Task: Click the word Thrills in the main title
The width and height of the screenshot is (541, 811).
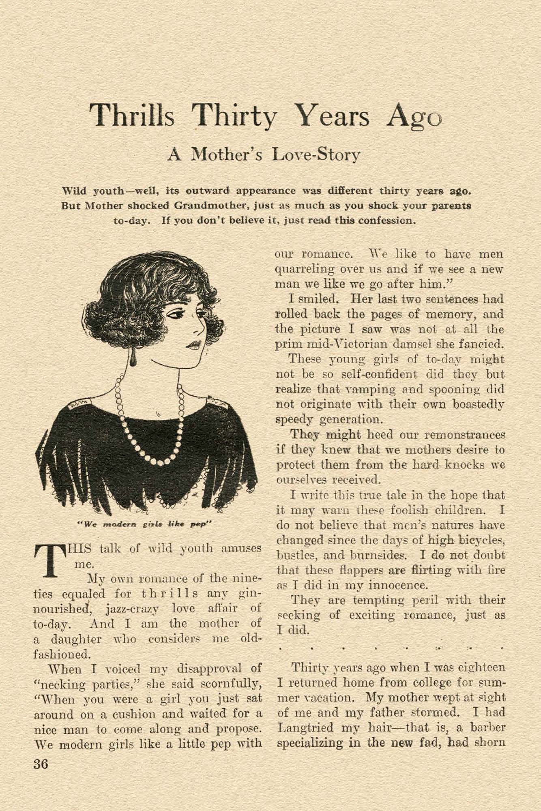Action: (x=132, y=115)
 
